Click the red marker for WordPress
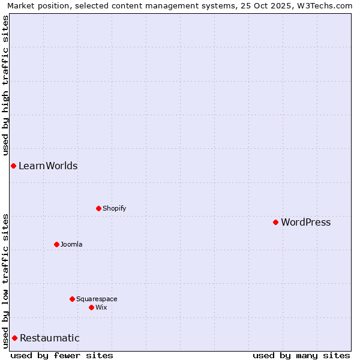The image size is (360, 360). pyautogui.click(x=275, y=222)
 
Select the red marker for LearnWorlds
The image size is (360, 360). pyautogui.click(x=13, y=166)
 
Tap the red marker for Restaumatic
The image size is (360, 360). pyautogui.click(x=14, y=338)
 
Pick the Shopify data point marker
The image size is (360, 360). pyautogui.click(x=98, y=208)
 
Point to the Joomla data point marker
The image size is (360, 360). pyautogui.click(x=56, y=244)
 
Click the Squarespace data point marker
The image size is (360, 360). pyautogui.click(x=72, y=299)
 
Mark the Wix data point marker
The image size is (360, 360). pyautogui.click(x=91, y=307)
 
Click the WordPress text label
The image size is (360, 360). pyautogui.click(x=305, y=223)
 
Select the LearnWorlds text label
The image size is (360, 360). pyautogui.click(x=48, y=166)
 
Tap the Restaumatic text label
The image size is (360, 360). pyautogui.click(x=50, y=338)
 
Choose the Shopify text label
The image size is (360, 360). pyautogui.click(x=114, y=209)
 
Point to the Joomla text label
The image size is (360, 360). pyautogui.click(x=71, y=245)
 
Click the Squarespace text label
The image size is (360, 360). pyautogui.click(x=97, y=299)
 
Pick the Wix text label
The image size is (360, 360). pyautogui.click(x=101, y=308)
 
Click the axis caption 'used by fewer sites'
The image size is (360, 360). pyautogui.click(x=62, y=355)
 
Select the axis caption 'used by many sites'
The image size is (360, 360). pyautogui.click(x=301, y=355)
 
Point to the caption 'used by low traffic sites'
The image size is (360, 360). pyautogui.click(x=6, y=281)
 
